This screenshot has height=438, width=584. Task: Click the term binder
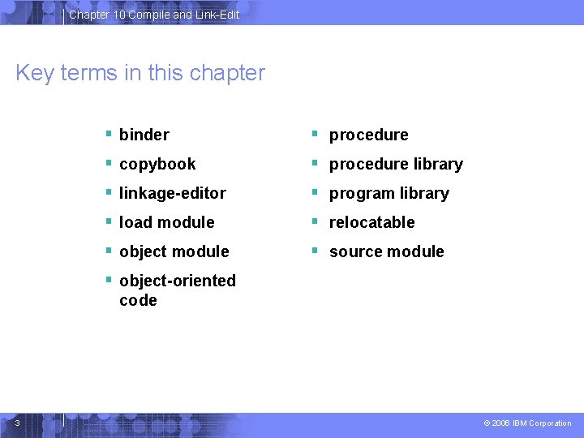point(144,135)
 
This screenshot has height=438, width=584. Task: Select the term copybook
point(157,164)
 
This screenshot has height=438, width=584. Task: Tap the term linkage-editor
point(172,193)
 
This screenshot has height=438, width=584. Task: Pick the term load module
point(166,222)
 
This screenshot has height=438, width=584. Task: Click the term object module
point(174,251)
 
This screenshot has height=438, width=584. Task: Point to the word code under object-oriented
point(138,300)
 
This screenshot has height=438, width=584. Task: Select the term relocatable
point(371,222)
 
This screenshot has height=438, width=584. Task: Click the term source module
point(386,251)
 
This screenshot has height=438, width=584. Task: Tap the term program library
point(389,193)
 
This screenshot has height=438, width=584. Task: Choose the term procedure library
point(396,164)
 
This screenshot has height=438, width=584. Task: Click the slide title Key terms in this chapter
point(140,73)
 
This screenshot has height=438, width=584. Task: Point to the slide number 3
point(18,422)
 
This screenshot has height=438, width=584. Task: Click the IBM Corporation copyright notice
point(527,423)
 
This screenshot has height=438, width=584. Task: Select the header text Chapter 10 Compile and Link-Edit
point(154,15)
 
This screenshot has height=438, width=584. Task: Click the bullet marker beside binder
point(109,134)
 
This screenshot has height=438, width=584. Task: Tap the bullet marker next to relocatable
point(319,221)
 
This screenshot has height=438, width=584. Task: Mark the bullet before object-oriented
point(109,280)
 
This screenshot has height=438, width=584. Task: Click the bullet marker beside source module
point(319,251)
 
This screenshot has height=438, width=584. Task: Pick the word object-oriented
point(177,281)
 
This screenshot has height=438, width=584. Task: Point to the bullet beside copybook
point(109,163)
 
